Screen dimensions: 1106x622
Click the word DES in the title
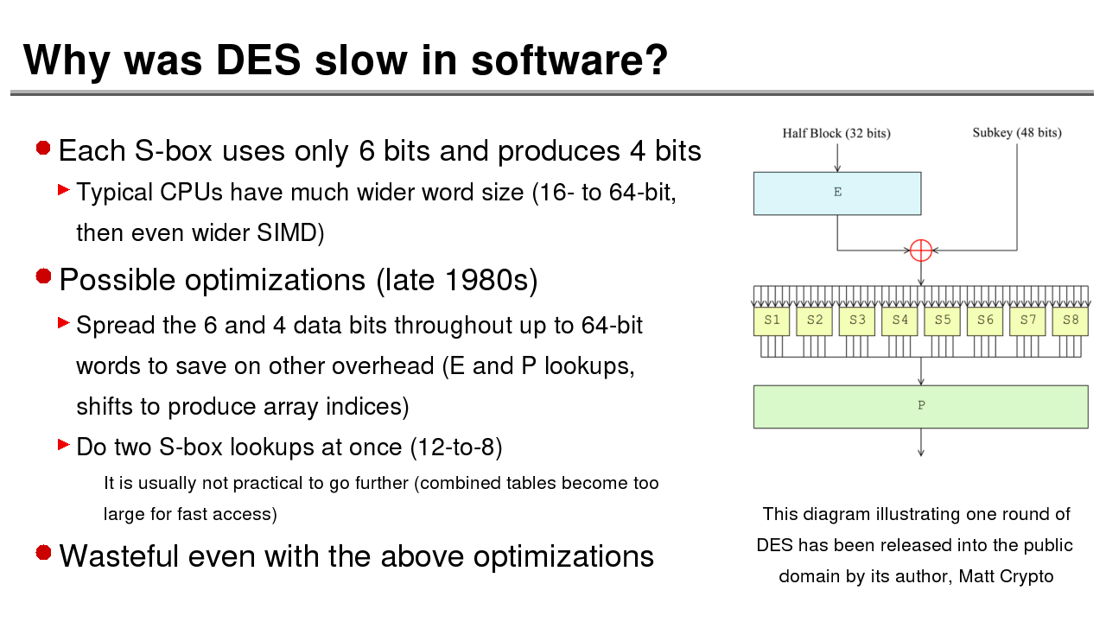click(258, 60)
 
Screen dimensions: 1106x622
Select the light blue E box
click(837, 194)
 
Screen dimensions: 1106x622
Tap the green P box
click(921, 407)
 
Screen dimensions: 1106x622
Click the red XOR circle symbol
click(921, 251)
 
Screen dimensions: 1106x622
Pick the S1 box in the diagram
click(772, 321)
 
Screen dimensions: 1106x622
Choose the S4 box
click(899, 321)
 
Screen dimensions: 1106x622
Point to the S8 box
click(1071, 321)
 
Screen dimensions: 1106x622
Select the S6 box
click(985, 321)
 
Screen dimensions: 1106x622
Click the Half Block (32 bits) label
click(836, 133)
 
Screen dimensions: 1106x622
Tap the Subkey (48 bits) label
click(1017, 133)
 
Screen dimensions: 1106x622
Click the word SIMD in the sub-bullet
click(286, 233)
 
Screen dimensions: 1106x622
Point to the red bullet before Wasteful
click(43, 552)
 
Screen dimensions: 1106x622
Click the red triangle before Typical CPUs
click(64, 189)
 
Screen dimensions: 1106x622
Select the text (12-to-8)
click(456, 447)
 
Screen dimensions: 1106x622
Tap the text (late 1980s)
click(457, 281)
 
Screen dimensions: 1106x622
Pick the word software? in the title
click(569, 60)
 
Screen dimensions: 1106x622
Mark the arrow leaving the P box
click(921, 442)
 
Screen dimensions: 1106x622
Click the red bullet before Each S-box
click(43, 148)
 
